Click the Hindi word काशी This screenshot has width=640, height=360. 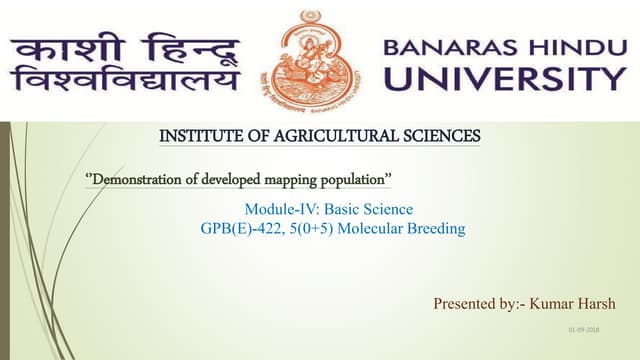64,47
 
